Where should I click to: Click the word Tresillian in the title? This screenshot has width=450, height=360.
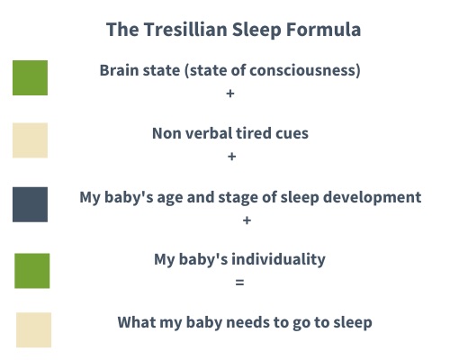pos(185,30)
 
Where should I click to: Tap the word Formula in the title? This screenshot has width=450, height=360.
pos(323,30)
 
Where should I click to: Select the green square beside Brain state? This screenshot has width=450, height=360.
pos(30,77)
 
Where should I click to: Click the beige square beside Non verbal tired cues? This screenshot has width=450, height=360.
pos(30,140)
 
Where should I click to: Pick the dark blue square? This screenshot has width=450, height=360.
pos(30,204)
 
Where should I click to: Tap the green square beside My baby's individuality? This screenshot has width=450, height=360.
pos(32,271)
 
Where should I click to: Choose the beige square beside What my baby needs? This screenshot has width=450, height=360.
pos(33,329)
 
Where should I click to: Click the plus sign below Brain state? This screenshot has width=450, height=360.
pos(230,94)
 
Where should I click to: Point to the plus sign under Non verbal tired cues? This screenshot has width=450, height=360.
pos(232,157)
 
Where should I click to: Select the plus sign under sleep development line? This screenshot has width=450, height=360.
pos(247,220)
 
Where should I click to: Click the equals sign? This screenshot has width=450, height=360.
pos(239,283)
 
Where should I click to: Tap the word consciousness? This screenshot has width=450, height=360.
pos(303,70)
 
